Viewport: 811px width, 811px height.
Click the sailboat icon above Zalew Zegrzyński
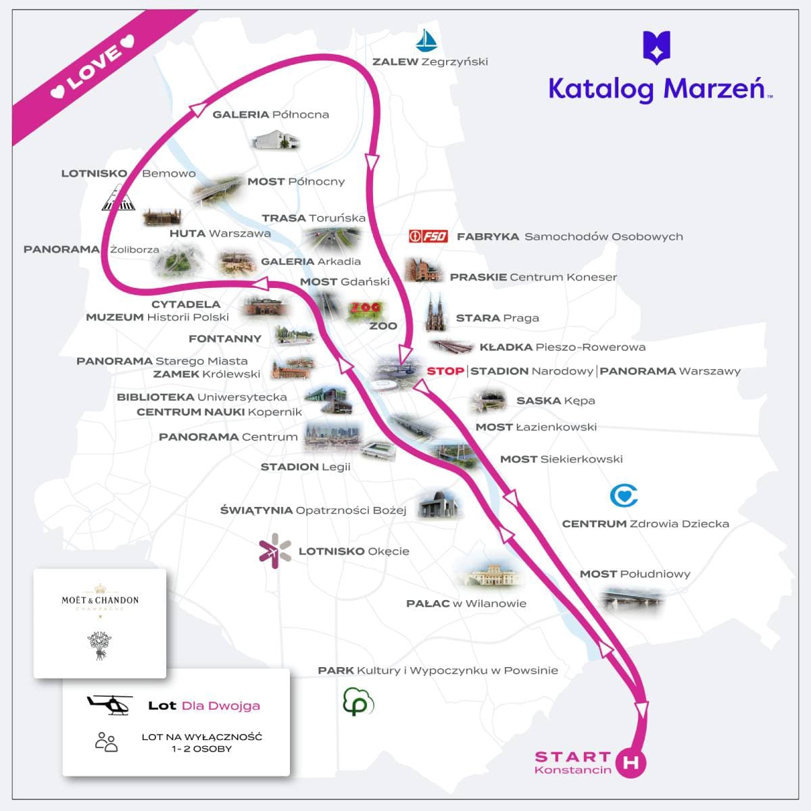(426, 41)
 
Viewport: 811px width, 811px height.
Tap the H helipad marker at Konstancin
(631, 762)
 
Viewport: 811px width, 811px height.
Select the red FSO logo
(428, 236)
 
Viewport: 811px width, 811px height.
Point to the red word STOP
(445, 371)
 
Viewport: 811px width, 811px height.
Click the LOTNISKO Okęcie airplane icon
(275, 551)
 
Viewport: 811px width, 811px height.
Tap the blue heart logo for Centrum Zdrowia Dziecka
(624, 495)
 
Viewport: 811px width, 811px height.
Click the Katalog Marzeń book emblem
(656, 47)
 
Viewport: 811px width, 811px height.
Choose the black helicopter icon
(109, 704)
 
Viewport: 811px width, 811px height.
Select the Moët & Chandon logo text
(100, 600)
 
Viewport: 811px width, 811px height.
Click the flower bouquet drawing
(100, 645)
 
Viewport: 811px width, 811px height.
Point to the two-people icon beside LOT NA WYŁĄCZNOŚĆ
(106, 742)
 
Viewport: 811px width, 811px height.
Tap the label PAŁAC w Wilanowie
(466, 604)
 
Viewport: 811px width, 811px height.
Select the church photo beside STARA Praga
(435, 312)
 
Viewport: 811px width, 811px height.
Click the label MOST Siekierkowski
(561, 459)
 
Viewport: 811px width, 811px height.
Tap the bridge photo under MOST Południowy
(631, 597)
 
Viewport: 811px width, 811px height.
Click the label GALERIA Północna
(270, 114)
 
